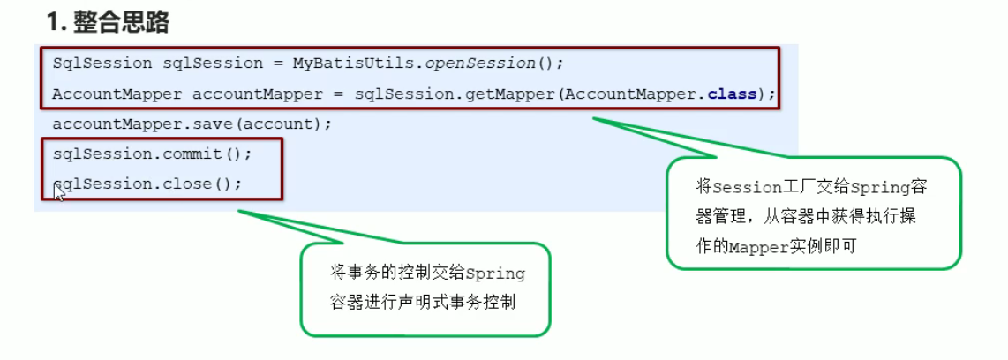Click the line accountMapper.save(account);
[192, 124]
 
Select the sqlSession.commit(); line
[153, 154]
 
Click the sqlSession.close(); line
[147, 184]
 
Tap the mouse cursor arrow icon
[58, 191]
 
